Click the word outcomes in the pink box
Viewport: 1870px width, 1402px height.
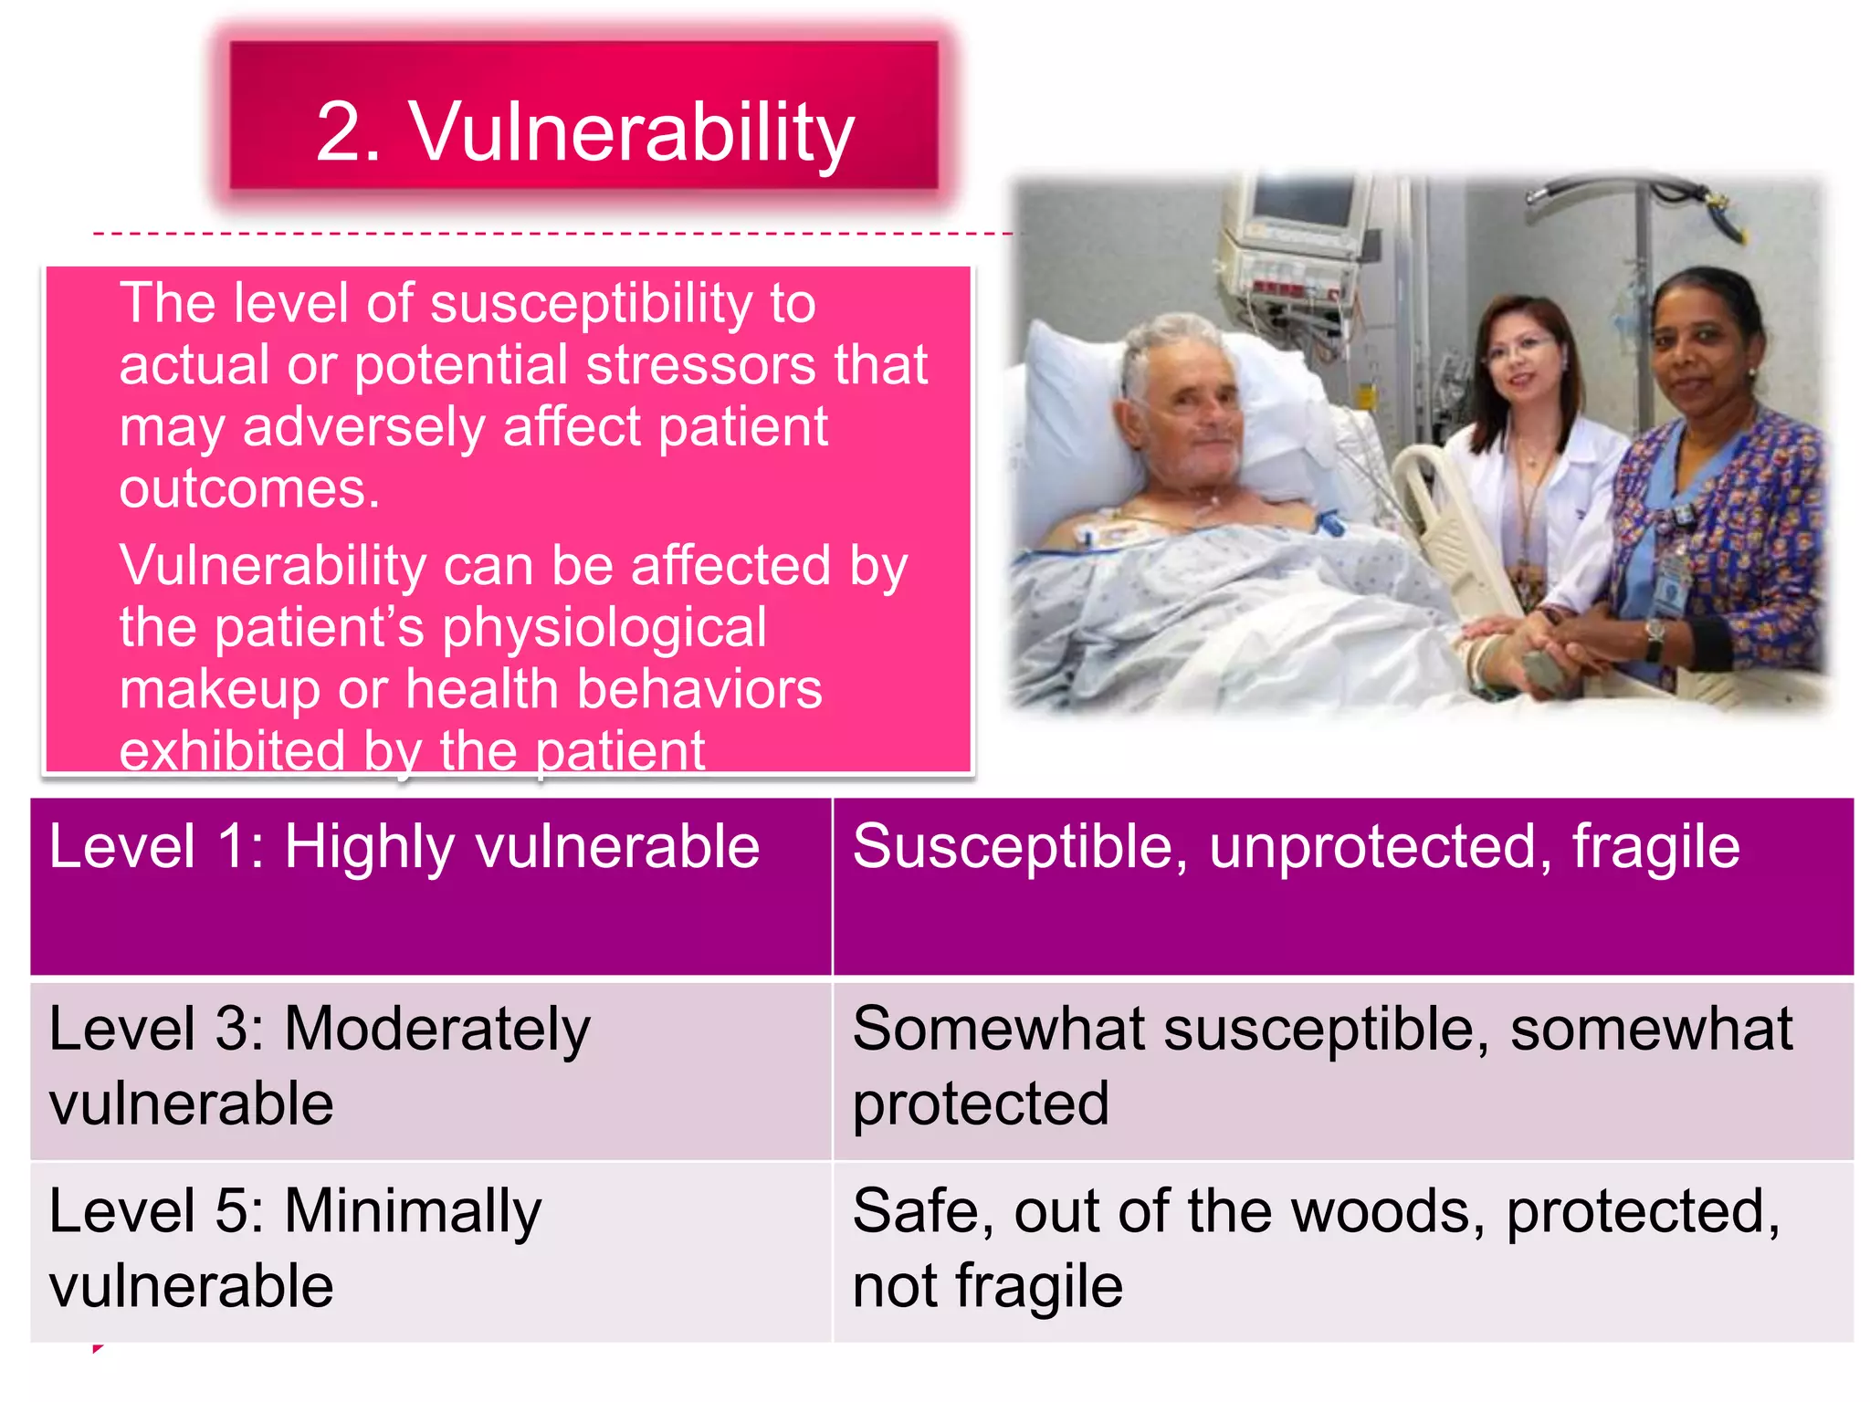[x=248, y=489]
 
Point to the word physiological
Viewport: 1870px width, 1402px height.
[x=604, y=628]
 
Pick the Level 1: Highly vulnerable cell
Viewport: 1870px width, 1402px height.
[x=430, y=885]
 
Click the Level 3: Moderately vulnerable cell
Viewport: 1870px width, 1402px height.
[x=430, y=1068]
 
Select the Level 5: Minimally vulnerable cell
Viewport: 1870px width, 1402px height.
[x=430, y=1250]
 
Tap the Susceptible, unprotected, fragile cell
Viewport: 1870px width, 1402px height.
[x=1342, y=885]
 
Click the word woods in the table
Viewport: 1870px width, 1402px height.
[x=1388, y=1212]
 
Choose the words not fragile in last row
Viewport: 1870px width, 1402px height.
[x=987, y=1287]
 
